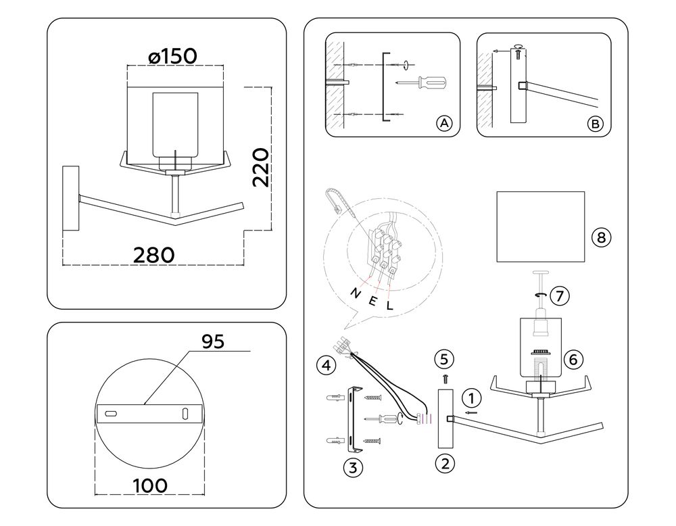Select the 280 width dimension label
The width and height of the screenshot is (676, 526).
(154, 255)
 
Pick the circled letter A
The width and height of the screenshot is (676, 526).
(443, 123)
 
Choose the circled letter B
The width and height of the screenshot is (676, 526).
(595, 124)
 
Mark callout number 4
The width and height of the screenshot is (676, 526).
(326, 366)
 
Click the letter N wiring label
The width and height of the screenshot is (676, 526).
(356, 293)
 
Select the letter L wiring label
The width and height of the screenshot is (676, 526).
(389, 306)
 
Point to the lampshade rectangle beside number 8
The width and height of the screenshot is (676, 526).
(540, 226)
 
